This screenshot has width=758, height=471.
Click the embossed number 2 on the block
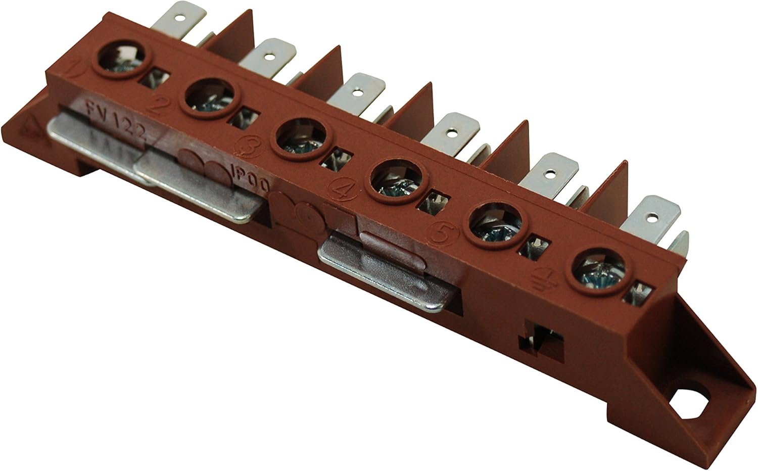click(x=161, y=104)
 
